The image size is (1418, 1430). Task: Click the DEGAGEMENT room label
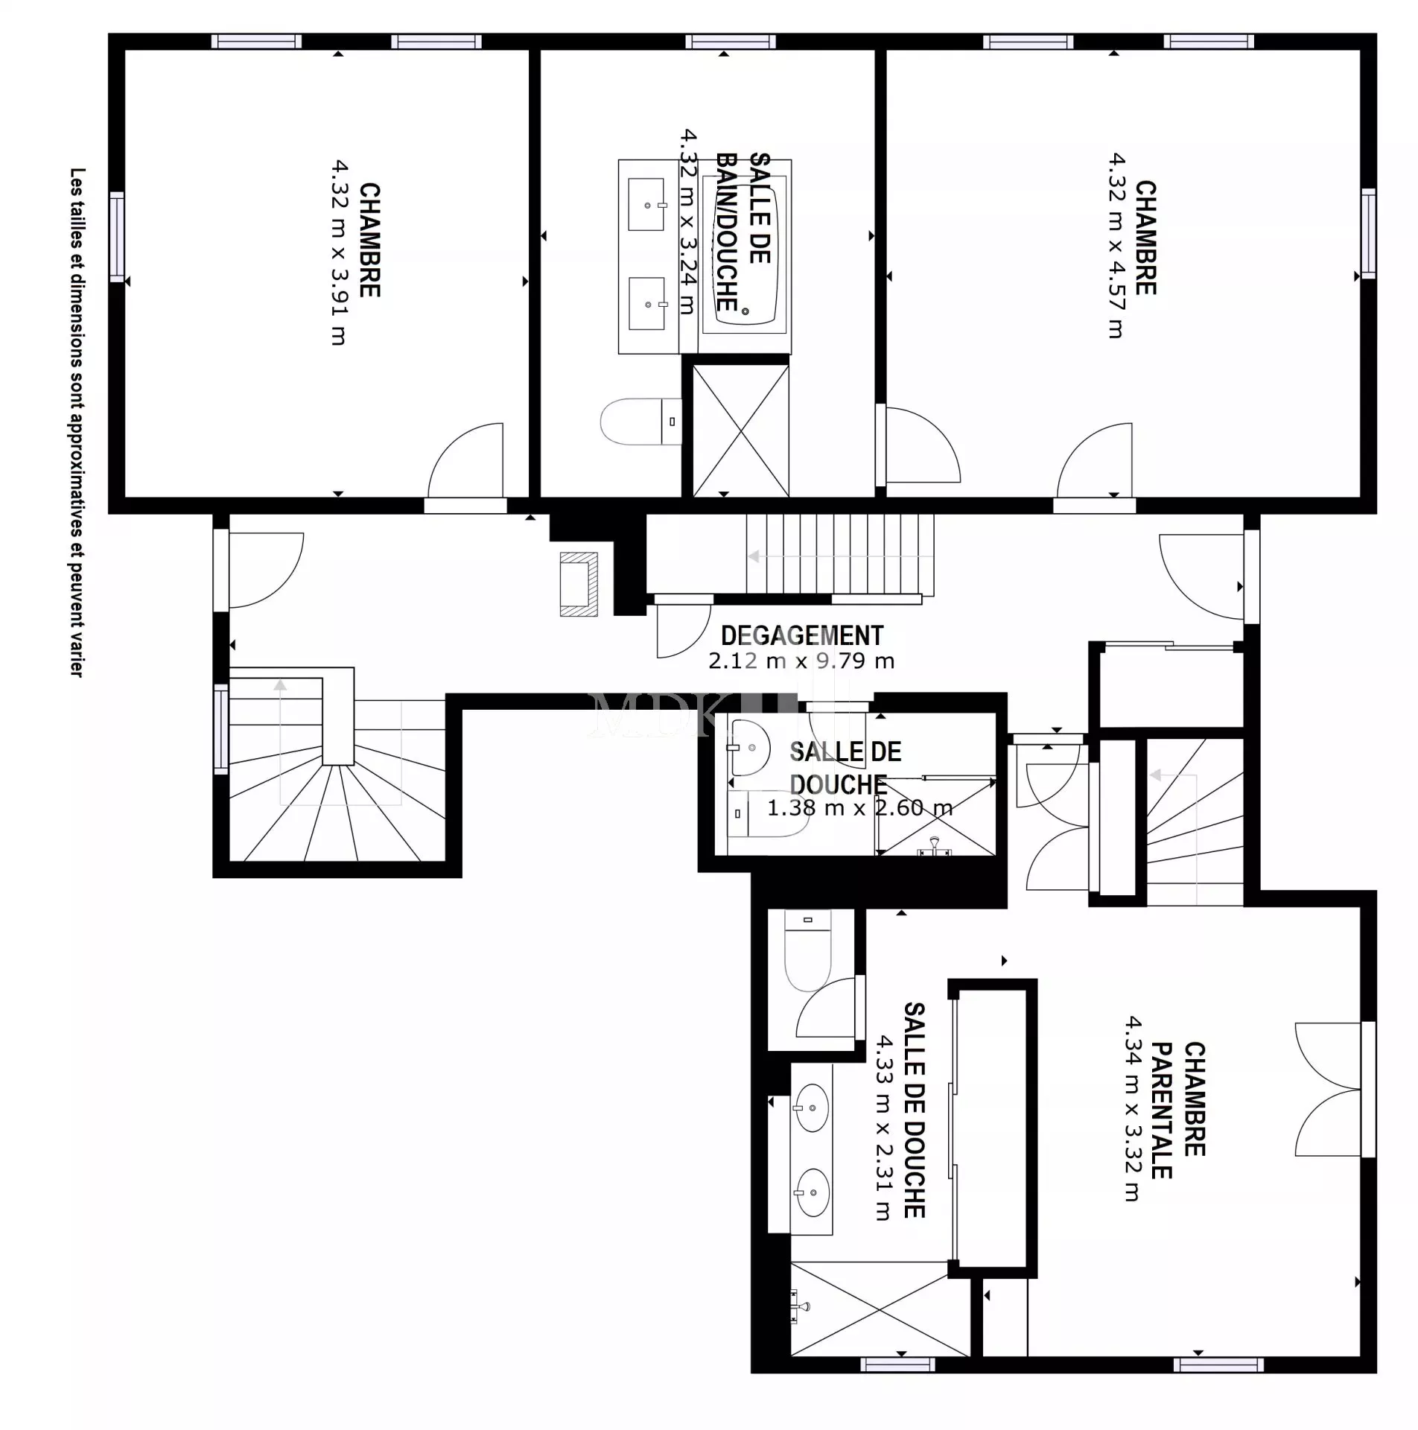point(802,635)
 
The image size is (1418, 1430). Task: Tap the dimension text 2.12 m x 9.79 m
point(801,661)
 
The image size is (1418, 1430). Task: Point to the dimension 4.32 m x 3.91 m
point(339,252)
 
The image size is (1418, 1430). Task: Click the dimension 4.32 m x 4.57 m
point(1116,246)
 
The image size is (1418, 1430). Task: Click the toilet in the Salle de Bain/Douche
point(641,422)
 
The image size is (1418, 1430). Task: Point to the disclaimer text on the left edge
point(77,422)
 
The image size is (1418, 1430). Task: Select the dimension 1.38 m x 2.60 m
point(860,807)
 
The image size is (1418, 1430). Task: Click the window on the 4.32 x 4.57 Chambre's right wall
point(1368,233)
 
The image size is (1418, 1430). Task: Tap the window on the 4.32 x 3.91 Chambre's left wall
point(117,237)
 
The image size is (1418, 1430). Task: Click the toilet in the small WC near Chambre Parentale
point(808,951)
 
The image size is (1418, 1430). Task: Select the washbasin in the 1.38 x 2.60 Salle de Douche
point(749,747)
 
